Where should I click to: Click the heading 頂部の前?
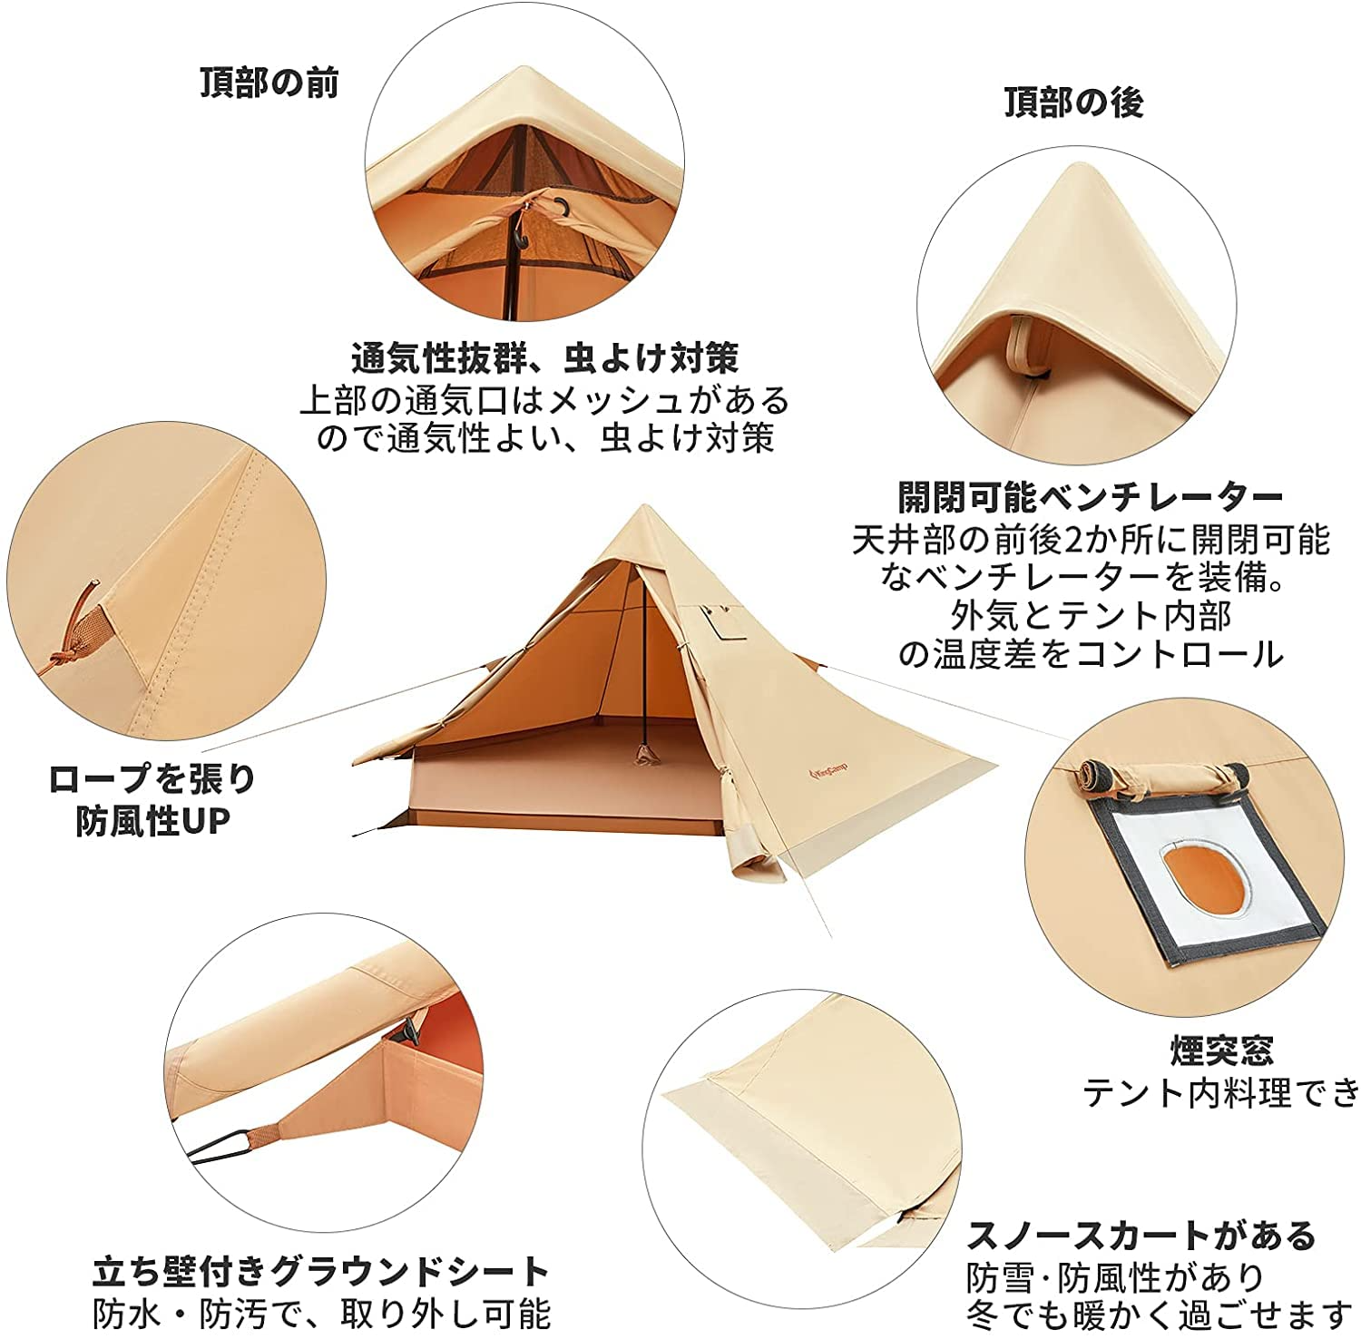tap(269, 83)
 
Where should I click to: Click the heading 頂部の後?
tap(1073, 103)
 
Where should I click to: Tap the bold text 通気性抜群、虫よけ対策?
tap(544, 358)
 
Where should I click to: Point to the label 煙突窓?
tap(1221, 1051)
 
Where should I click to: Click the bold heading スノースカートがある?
tap(1141, 1236)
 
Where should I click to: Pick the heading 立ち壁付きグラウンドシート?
tap(321, 1271)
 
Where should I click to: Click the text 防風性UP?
tap(152, 821)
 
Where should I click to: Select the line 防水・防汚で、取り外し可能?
tap(321, 1313)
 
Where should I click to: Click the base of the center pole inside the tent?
tap(645, 752)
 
